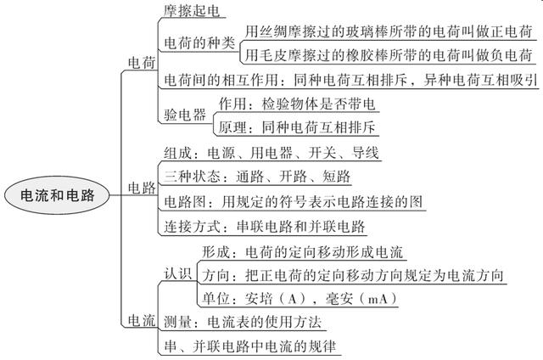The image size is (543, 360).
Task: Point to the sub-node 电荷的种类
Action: click(199, 43)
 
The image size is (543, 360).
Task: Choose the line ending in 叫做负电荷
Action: click(389, 55)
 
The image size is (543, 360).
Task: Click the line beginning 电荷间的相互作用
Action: click(348, 81)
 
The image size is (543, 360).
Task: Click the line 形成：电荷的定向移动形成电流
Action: click(304, 252)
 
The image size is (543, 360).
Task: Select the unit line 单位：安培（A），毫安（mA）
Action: click(301, 300)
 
